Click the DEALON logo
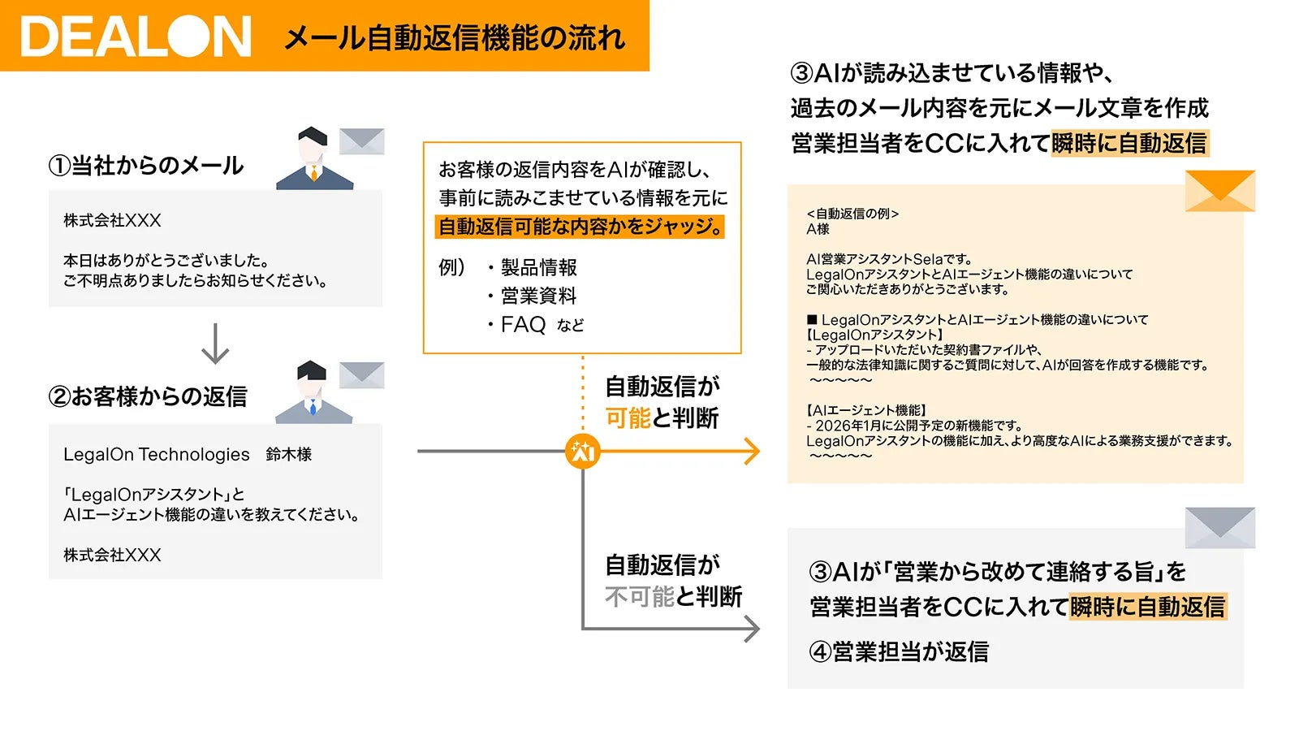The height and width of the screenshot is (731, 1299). (x=136, y=37)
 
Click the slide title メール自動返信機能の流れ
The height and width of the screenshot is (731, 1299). (x=455, y=38)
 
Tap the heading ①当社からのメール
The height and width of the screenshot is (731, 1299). (x=146, y=166)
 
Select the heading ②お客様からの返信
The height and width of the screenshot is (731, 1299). (x=148, y=396)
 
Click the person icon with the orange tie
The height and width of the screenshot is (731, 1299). (x=314, y=159)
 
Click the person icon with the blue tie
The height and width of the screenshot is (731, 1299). (x=313, y=393)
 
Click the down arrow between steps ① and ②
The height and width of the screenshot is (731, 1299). (x=215, y=344)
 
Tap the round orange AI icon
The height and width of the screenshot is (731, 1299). (x=582, y=452)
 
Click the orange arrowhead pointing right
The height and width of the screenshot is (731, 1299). (x=751, y=452)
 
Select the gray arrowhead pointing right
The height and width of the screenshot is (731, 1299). (x=752, y=629)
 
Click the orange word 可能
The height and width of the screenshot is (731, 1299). (x=628, y=418)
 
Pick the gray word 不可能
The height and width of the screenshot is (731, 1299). (x=639, y=597)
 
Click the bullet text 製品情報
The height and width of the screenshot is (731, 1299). (x=538, y=267)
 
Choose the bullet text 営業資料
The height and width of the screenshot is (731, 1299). (x=538, y=296)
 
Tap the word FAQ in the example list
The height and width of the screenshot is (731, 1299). (x=523, y=325)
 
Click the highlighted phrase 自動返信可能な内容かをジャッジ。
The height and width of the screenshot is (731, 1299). (x=580, y=227)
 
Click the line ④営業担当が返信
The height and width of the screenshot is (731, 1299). (x=899, y=651)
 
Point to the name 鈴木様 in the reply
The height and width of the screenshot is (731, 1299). (x=289, y=455)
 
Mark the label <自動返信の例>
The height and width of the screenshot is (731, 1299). (x=852, y=214)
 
